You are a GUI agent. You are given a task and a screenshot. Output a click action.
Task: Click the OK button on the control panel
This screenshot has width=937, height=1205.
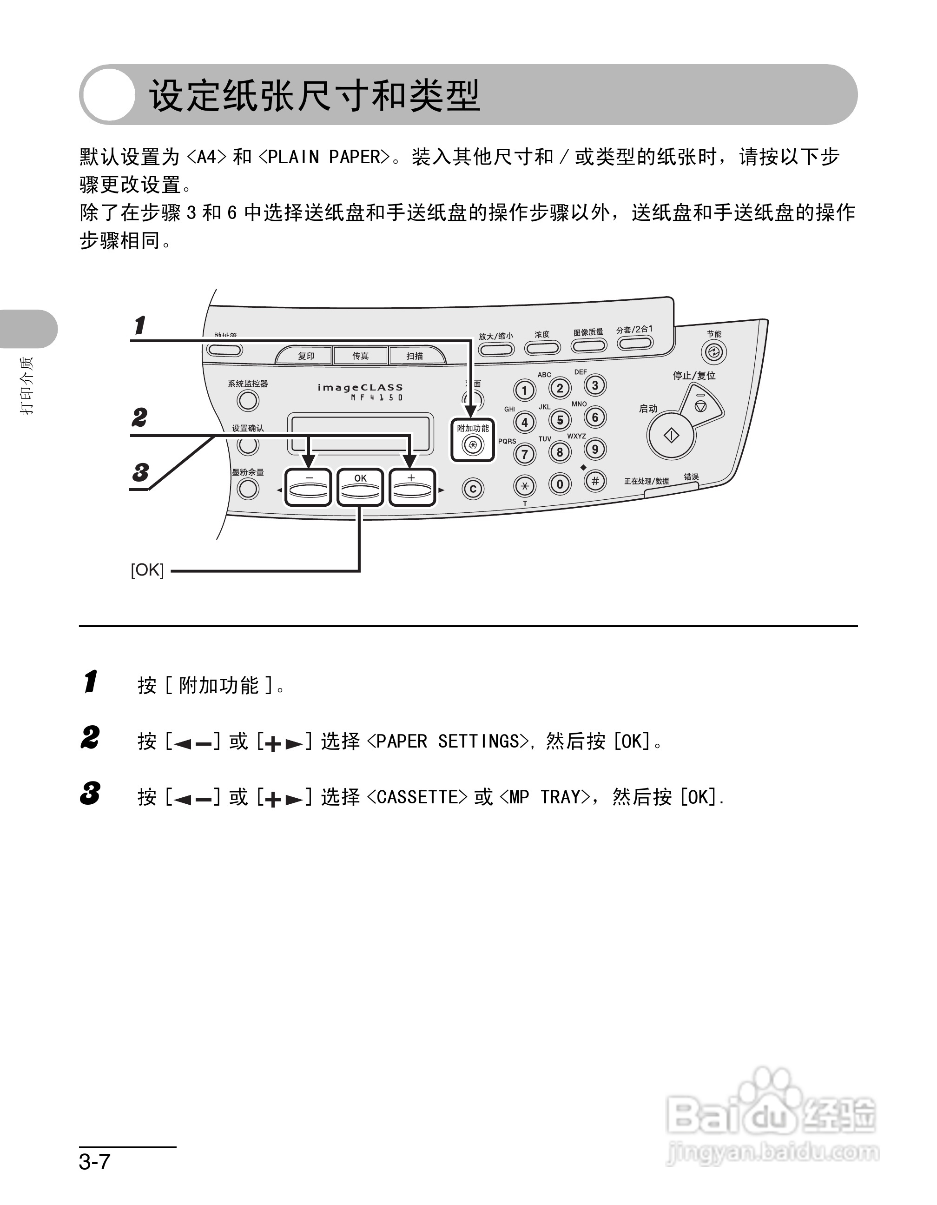coord(360,487)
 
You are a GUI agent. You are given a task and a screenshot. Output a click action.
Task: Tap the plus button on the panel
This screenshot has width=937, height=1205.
coord(412,487)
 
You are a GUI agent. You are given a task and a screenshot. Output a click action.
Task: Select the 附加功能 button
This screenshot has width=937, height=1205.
coord(473,444)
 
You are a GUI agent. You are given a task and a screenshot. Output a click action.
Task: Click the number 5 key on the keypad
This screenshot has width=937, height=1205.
coord(560,420)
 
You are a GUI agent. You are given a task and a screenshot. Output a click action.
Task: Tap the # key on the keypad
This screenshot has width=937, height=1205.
coord(595,481)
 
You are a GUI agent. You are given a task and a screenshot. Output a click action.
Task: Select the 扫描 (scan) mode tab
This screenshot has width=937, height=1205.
coord(415,356)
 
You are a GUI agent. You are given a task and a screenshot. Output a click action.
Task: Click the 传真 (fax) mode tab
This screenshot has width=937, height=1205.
coord(361,356)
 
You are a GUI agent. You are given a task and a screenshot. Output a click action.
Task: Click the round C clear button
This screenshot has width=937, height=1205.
coord(473,489)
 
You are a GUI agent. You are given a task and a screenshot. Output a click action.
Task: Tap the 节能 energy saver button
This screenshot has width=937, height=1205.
coord(713,352)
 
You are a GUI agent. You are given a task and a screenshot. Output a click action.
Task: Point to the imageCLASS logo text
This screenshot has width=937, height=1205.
coord(360,387)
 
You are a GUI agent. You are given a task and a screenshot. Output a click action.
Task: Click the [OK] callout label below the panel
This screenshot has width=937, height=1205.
coord(147,570)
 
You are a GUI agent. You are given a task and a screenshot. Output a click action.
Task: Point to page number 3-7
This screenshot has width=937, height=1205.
coord(95,1161)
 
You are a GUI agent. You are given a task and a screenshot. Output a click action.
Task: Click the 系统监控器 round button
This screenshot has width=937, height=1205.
coord(248,401)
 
